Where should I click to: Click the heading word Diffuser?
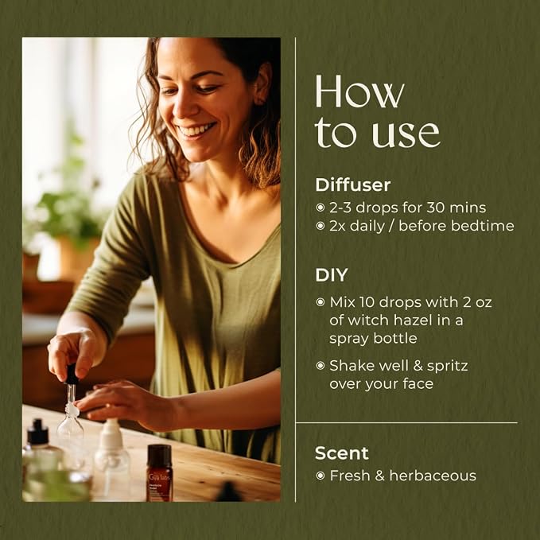pyautogui.click(x=352, y=185)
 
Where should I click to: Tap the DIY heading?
pyautogui.click(x=332, y=275)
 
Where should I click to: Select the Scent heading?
pyautogui.click(x=341, y=453)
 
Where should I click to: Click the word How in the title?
pyautogui.click(x=359, y=91)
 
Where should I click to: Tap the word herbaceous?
pyautogui.click(x=433, y=476)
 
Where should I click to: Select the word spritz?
pyautogui.click(x=447, y=367)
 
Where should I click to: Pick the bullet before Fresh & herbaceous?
pyautogui.click(x=321, y=476)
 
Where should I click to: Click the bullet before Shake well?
pyautogui.click(x=321, y=366)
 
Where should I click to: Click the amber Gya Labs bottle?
pyautogui.click(x=159, y=472)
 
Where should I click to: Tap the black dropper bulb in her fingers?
pyautogui.click(x=72, y=374)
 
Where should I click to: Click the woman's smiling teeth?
pyautogui.click(x=196, y=130)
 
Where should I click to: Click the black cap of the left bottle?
pyautogui.click(x=38, y=432)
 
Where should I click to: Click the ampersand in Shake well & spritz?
pyautogui.click(x=418, y=366)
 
